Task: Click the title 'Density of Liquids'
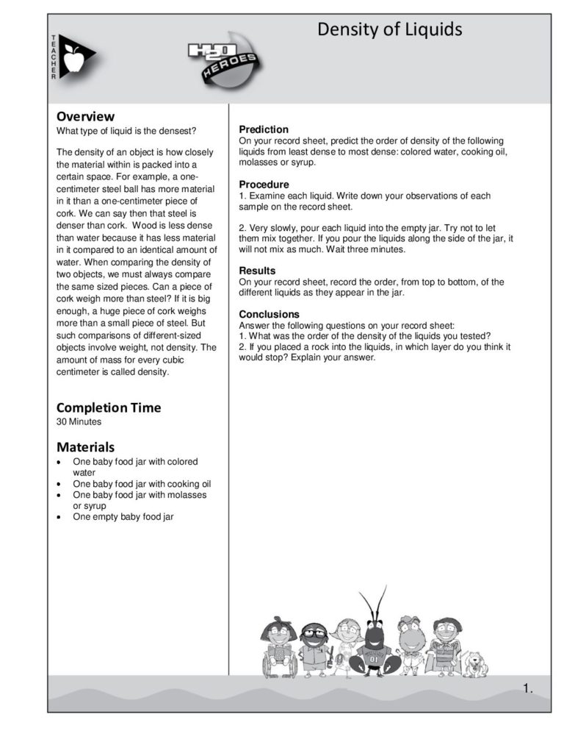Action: point(389,29)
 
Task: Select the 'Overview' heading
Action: point(85,116)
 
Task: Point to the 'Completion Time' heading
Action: point(108,407)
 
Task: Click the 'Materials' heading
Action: point(85,446)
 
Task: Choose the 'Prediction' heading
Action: point(264,129)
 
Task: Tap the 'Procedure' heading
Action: point(264,184)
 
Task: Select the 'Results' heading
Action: point(257,271)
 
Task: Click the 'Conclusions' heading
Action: point(270,314)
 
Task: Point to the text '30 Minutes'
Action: point(79,422)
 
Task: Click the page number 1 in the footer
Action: point(527,688)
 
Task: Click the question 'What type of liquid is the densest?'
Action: point(126,132)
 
